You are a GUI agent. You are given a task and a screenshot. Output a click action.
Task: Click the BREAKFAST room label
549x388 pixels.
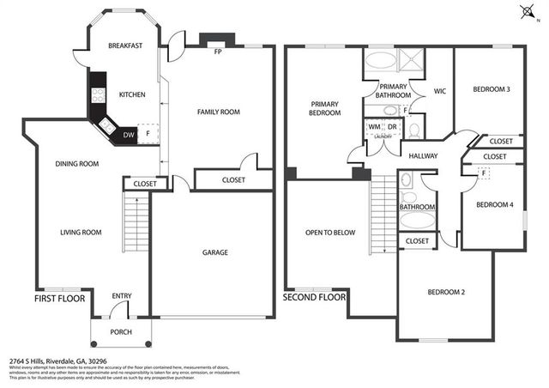124,45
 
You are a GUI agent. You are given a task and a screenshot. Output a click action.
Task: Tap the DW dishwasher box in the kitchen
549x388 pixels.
129,134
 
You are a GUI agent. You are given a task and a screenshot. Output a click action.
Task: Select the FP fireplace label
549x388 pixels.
218,52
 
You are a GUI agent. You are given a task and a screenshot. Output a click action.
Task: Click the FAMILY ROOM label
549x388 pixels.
218,112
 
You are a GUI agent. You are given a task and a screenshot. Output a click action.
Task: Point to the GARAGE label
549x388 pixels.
214,252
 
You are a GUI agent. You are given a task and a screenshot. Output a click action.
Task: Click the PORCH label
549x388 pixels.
122,331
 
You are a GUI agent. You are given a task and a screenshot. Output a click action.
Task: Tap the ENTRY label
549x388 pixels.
122,296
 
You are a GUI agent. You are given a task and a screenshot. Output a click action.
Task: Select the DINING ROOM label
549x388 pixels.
77,164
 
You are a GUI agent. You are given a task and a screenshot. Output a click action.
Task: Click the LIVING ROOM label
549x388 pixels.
81,232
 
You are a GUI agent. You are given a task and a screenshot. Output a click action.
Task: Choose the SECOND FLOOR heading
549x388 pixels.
314,297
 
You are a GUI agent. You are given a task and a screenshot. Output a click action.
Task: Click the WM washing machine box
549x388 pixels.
374,127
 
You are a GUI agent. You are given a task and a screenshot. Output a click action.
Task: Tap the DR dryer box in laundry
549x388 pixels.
391,127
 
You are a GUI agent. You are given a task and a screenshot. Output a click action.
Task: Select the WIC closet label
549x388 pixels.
439,91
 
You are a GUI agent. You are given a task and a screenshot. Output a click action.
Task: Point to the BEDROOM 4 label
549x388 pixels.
494,204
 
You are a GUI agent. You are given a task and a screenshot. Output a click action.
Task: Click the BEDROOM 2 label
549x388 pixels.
446,293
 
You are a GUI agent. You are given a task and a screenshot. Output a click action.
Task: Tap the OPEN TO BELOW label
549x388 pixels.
330,232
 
